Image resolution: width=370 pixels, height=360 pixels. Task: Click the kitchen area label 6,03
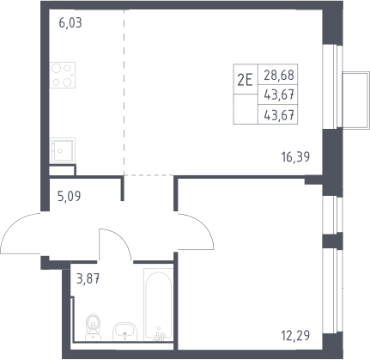click(70, 22)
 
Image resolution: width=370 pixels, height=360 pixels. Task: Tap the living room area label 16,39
click(295, 157)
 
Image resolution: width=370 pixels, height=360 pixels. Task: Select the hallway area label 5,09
click(70, 197)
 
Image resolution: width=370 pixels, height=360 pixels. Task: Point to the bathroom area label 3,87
click(88, 278)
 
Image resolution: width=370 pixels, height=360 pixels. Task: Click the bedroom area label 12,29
click(295, 335)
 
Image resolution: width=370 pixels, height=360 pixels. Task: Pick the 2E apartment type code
click(246, 80)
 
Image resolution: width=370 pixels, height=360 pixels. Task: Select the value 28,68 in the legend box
click(279, 76)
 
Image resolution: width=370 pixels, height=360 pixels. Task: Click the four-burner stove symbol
click(63, 75)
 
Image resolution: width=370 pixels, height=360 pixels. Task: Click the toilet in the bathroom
click(94, 327)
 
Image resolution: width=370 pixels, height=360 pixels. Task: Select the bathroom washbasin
click(125, 332)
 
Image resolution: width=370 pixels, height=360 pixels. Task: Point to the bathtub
click(158, 305)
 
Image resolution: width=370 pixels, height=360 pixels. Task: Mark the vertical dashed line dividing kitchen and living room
click(124, 92)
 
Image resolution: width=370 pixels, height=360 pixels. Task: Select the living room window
click(332, 87)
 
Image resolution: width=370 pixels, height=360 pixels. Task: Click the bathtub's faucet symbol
click(160, 334)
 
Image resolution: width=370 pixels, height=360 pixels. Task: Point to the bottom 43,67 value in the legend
click(279, 116)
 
